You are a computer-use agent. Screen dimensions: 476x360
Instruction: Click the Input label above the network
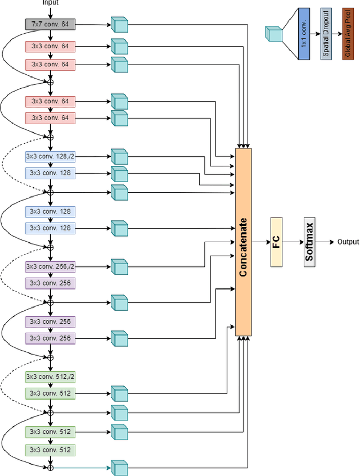click(x=50, y=3)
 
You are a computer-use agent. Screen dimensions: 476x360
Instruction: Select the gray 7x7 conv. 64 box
click(x=50, y=25)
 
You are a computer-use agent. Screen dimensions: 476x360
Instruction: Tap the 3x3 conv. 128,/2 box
click(x=50, y=156)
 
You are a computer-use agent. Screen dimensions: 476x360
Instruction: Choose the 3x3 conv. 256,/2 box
click(x=50, y=266)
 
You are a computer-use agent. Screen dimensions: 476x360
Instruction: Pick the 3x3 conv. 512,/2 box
click(x=50, y=377)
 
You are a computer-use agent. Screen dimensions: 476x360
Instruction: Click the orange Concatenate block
click(x=243, y=242)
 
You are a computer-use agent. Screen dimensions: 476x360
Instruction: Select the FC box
click(x=276, y=242)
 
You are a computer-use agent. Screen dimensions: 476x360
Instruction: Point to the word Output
click(x=348, y=242)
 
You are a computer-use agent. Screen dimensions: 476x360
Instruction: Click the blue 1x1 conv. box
click(x=304, y=35)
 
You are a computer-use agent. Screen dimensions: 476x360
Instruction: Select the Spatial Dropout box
click(x=325, y=35)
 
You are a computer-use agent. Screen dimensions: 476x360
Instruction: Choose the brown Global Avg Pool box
click(x=347, y=35)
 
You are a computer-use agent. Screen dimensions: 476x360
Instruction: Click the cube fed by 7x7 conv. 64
click(x=119, y=25)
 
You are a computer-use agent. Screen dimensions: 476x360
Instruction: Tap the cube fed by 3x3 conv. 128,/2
click(x=119, y=157)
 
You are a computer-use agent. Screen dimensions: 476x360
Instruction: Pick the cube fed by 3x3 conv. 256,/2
click(x=119, y=267)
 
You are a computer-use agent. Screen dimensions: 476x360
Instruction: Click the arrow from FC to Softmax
click(x=292, y=242)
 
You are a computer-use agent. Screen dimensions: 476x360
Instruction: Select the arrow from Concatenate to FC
click(x=260, y=242)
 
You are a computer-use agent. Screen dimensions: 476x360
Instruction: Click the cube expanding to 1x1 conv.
click(x=273, y=34)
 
